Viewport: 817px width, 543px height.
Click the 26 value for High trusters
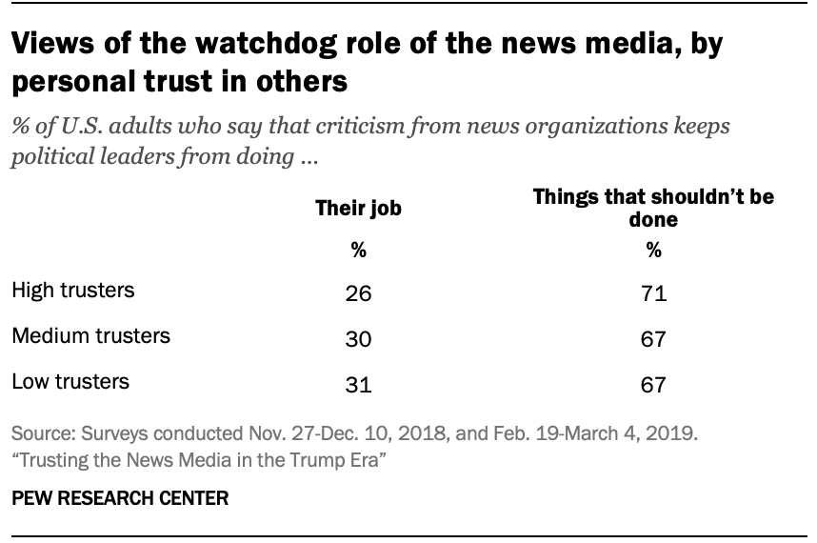[358, 293]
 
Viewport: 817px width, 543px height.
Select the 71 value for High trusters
[653, 293]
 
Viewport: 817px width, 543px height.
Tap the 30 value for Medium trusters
[358, 339]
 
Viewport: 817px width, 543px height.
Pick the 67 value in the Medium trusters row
[653, 339]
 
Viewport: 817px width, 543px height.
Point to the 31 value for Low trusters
[358, 385]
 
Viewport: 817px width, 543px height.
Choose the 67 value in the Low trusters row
[653, 385]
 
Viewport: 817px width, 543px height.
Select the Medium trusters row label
[90, 335]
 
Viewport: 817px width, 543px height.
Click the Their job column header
[358, 210]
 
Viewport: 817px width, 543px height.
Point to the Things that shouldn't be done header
[653, 208]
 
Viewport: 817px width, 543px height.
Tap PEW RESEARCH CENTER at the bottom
[120, 498]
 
